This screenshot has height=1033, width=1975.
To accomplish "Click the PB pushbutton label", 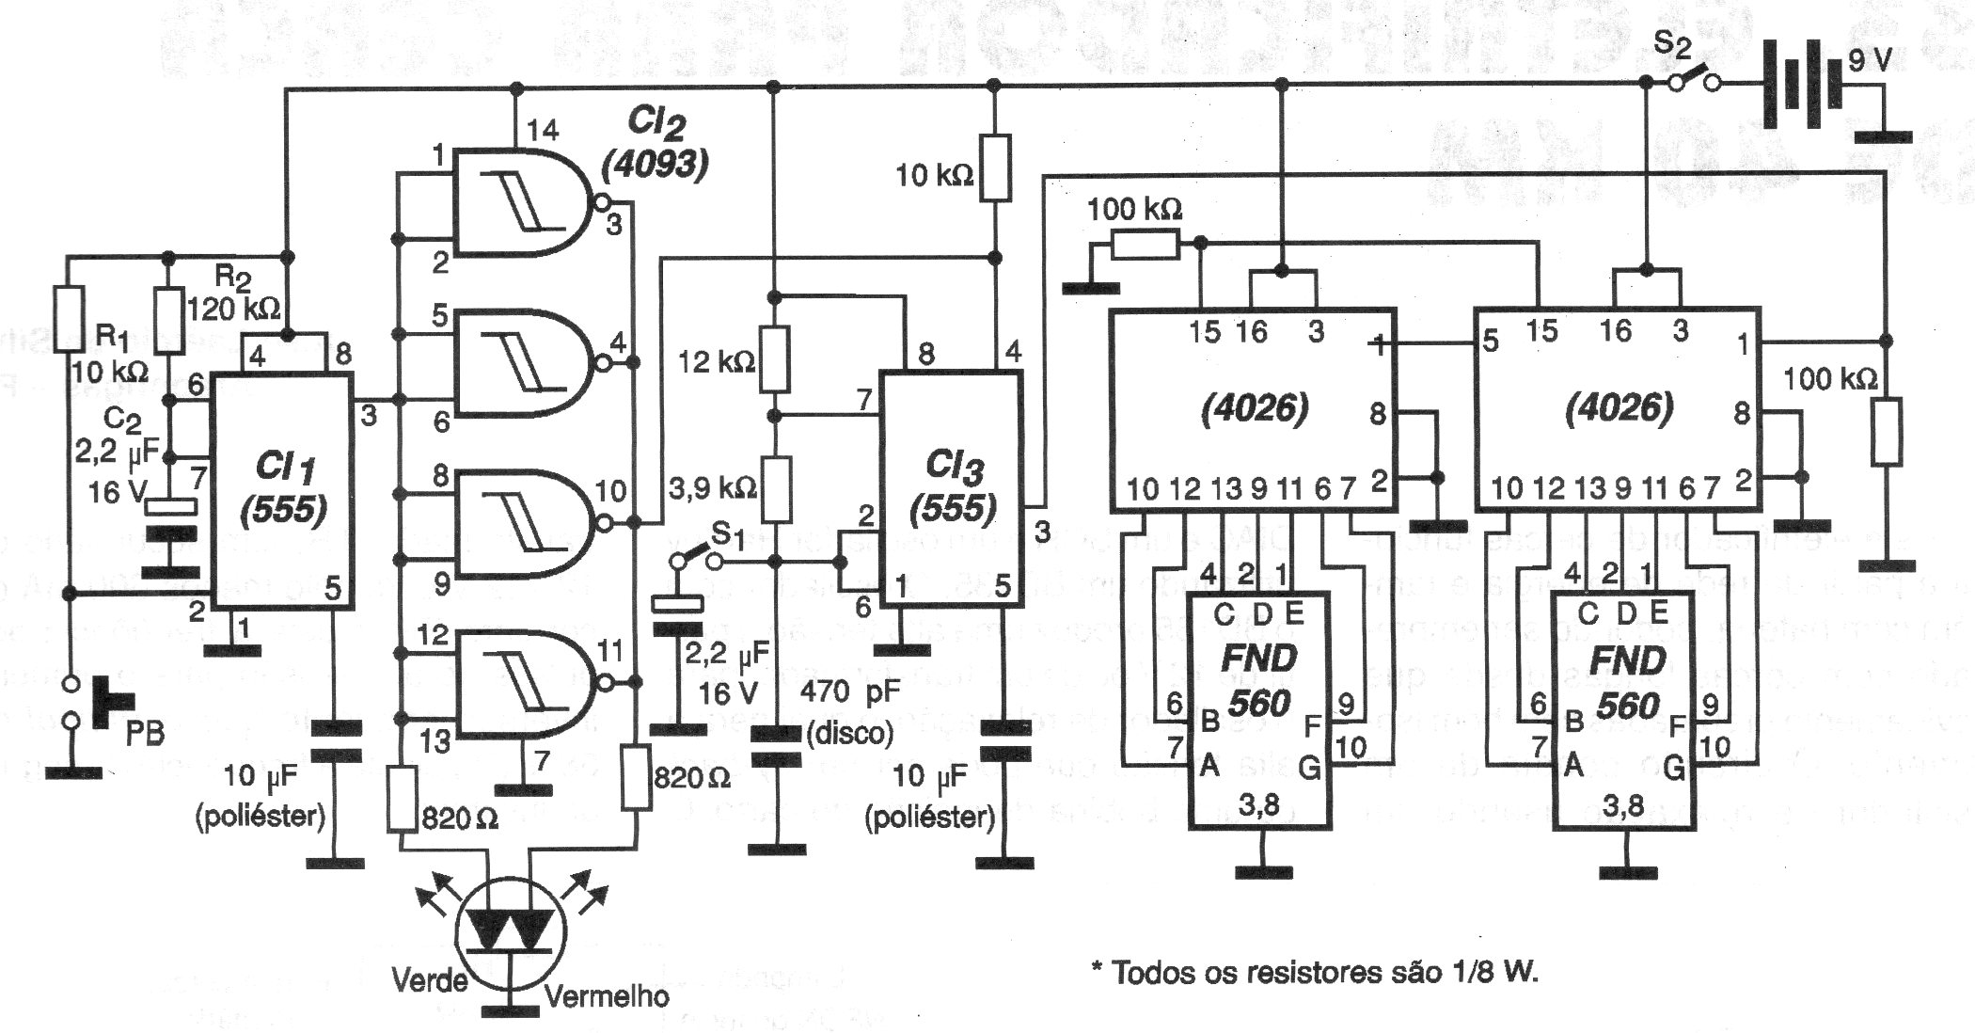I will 144,732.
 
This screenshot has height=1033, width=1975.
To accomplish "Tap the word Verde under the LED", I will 430,980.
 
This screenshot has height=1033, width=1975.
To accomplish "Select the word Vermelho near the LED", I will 607,995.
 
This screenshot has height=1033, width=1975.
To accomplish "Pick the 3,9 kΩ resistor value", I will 713,487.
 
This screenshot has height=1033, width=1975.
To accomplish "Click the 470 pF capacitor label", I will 850,692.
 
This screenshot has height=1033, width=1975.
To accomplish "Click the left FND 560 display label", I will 1258,679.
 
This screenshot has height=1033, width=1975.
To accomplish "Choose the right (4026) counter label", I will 1619,407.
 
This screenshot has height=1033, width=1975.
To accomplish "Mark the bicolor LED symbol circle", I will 511,930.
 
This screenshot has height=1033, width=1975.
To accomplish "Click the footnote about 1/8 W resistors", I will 1314,972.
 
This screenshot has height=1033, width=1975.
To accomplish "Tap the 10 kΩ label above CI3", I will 933,175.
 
